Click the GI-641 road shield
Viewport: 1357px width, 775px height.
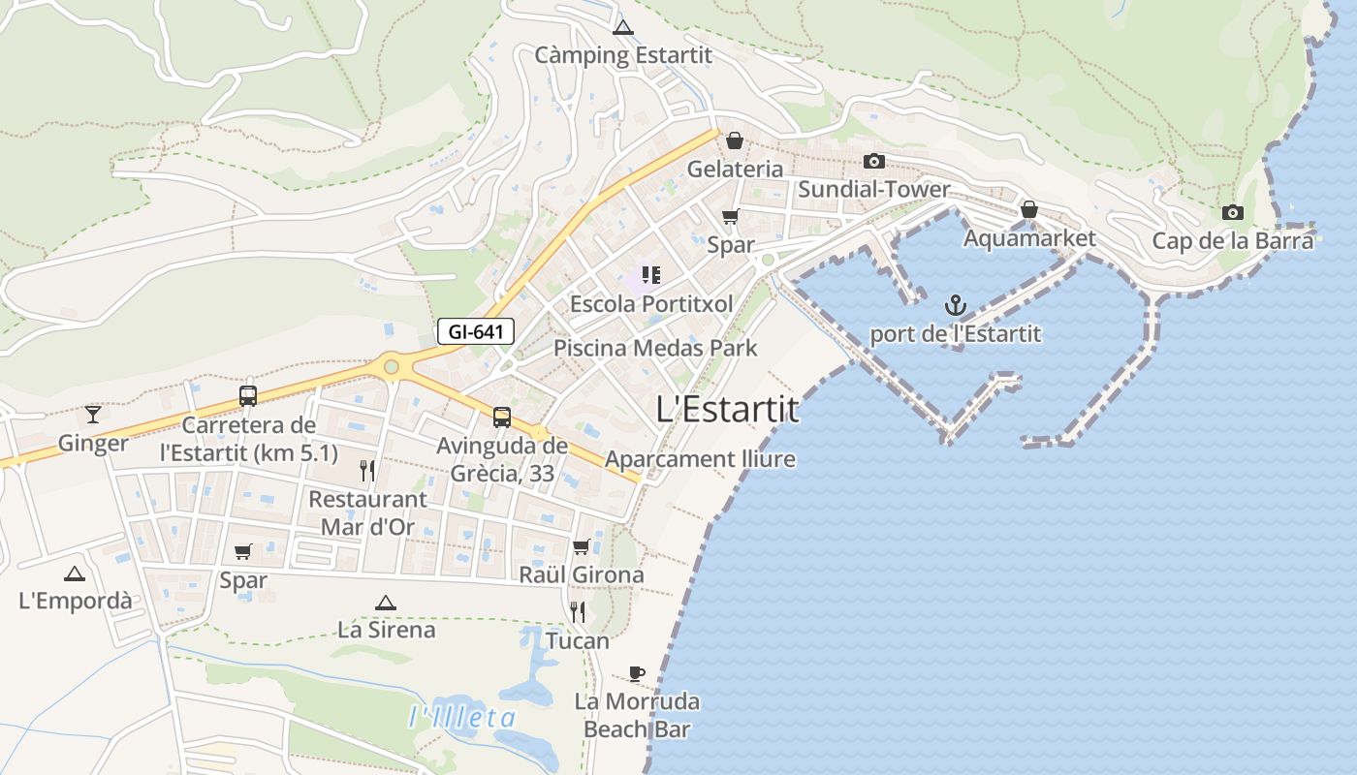tap(475, 331)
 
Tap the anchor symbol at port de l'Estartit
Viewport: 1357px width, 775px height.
tap(956, 307)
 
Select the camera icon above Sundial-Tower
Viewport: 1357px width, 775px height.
tap(874, 161)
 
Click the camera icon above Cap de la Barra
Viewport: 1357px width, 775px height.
tap(1232, 213)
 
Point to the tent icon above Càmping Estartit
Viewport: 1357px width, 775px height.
tap(622, 28)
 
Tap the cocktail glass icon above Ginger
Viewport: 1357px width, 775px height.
tap(93, 415)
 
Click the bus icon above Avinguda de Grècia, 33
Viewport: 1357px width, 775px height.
tap(501, 418)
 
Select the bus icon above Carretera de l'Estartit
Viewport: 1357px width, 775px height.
tap(248, 396)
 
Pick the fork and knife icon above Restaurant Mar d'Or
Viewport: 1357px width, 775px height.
tap(367, 471)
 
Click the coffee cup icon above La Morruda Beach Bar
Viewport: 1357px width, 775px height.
tap(636, 673)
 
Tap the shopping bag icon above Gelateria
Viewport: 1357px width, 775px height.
tap(735, 140)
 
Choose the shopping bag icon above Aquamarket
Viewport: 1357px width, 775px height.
tap(1028, 209)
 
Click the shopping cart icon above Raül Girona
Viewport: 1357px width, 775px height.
tap(581, 546)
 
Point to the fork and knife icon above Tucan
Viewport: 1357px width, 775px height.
tap(578, 611)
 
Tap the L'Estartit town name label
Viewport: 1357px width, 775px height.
tap(728, 410)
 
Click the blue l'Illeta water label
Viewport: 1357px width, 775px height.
tap(462, 718)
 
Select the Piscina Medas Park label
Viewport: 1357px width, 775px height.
tap(655, 348)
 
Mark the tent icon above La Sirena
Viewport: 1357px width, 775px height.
tap(386, 603)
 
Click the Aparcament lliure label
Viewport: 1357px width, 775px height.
tap(700, 459)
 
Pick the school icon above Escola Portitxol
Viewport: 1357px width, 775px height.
tap(650, 276)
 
